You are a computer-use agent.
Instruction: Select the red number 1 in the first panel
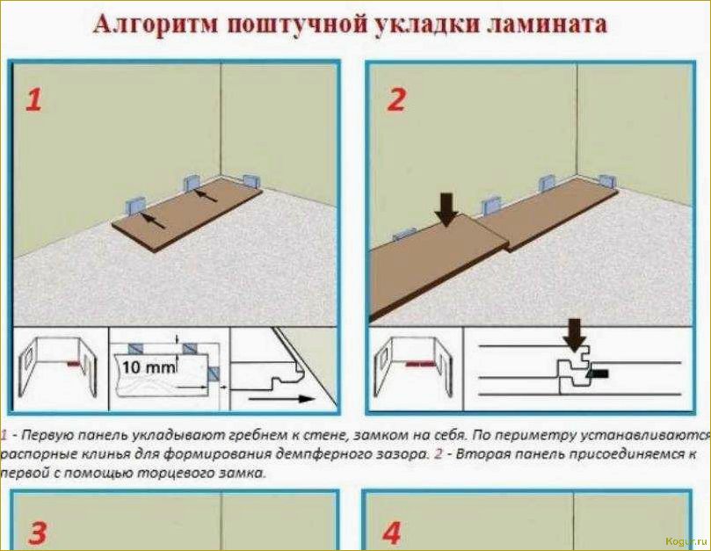[33, 100]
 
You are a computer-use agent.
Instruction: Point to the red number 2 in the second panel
[396, 100]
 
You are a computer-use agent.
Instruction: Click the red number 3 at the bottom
[37, 533]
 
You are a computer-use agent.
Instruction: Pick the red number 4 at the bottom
[391, 533]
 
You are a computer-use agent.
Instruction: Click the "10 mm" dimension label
[149, 367]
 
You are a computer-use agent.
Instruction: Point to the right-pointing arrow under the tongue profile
[281, 399]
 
